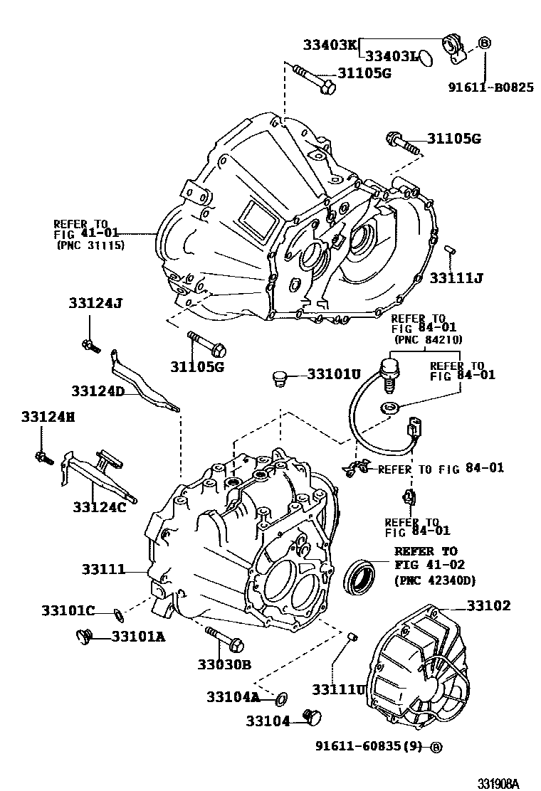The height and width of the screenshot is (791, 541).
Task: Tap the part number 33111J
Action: (456, 277)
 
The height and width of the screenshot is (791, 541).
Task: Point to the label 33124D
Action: (98, 391)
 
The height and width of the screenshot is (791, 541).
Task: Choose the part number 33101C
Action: (68, 611)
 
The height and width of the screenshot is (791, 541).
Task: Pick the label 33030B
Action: (224, 664)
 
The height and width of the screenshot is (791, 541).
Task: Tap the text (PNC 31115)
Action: (90, 245)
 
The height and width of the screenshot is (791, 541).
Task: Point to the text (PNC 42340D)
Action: (434, 581)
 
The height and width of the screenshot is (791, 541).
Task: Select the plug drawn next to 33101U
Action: (280, 378)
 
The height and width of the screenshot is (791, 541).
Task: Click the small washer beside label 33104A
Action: (280, 696)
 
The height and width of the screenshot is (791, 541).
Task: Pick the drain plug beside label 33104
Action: (311, 718)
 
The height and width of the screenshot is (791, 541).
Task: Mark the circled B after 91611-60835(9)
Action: (436, 746)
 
